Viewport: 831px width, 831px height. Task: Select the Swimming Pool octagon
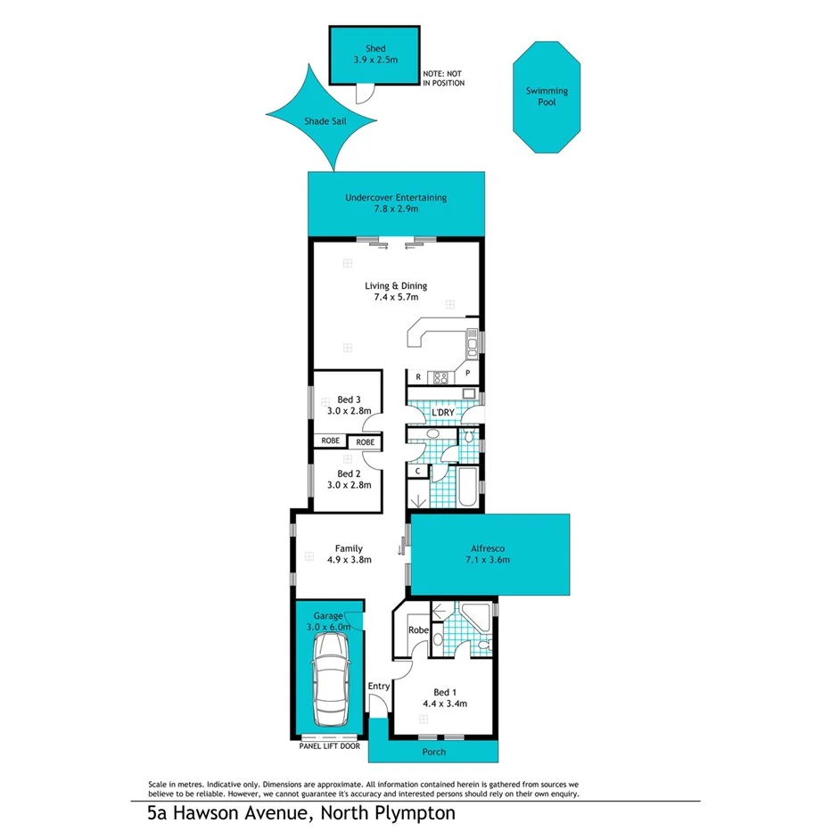547,96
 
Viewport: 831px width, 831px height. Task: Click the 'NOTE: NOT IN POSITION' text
444,78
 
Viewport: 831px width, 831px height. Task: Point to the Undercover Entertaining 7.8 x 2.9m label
396,203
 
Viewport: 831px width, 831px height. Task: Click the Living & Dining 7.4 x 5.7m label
396,292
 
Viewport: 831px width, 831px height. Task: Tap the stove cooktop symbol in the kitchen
440,377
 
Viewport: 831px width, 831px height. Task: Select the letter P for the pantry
466,376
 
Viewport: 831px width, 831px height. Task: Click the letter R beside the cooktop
417,377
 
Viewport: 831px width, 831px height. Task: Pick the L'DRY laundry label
443,413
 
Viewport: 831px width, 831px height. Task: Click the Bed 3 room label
347,405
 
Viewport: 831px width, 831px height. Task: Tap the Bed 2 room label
347,480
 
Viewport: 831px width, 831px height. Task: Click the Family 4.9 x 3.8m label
347,554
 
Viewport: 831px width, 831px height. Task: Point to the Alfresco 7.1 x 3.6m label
488,555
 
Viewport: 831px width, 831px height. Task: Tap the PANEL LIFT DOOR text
329,745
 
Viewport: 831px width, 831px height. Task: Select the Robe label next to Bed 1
418,629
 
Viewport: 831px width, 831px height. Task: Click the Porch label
434,752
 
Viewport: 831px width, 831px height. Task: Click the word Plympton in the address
413,812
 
